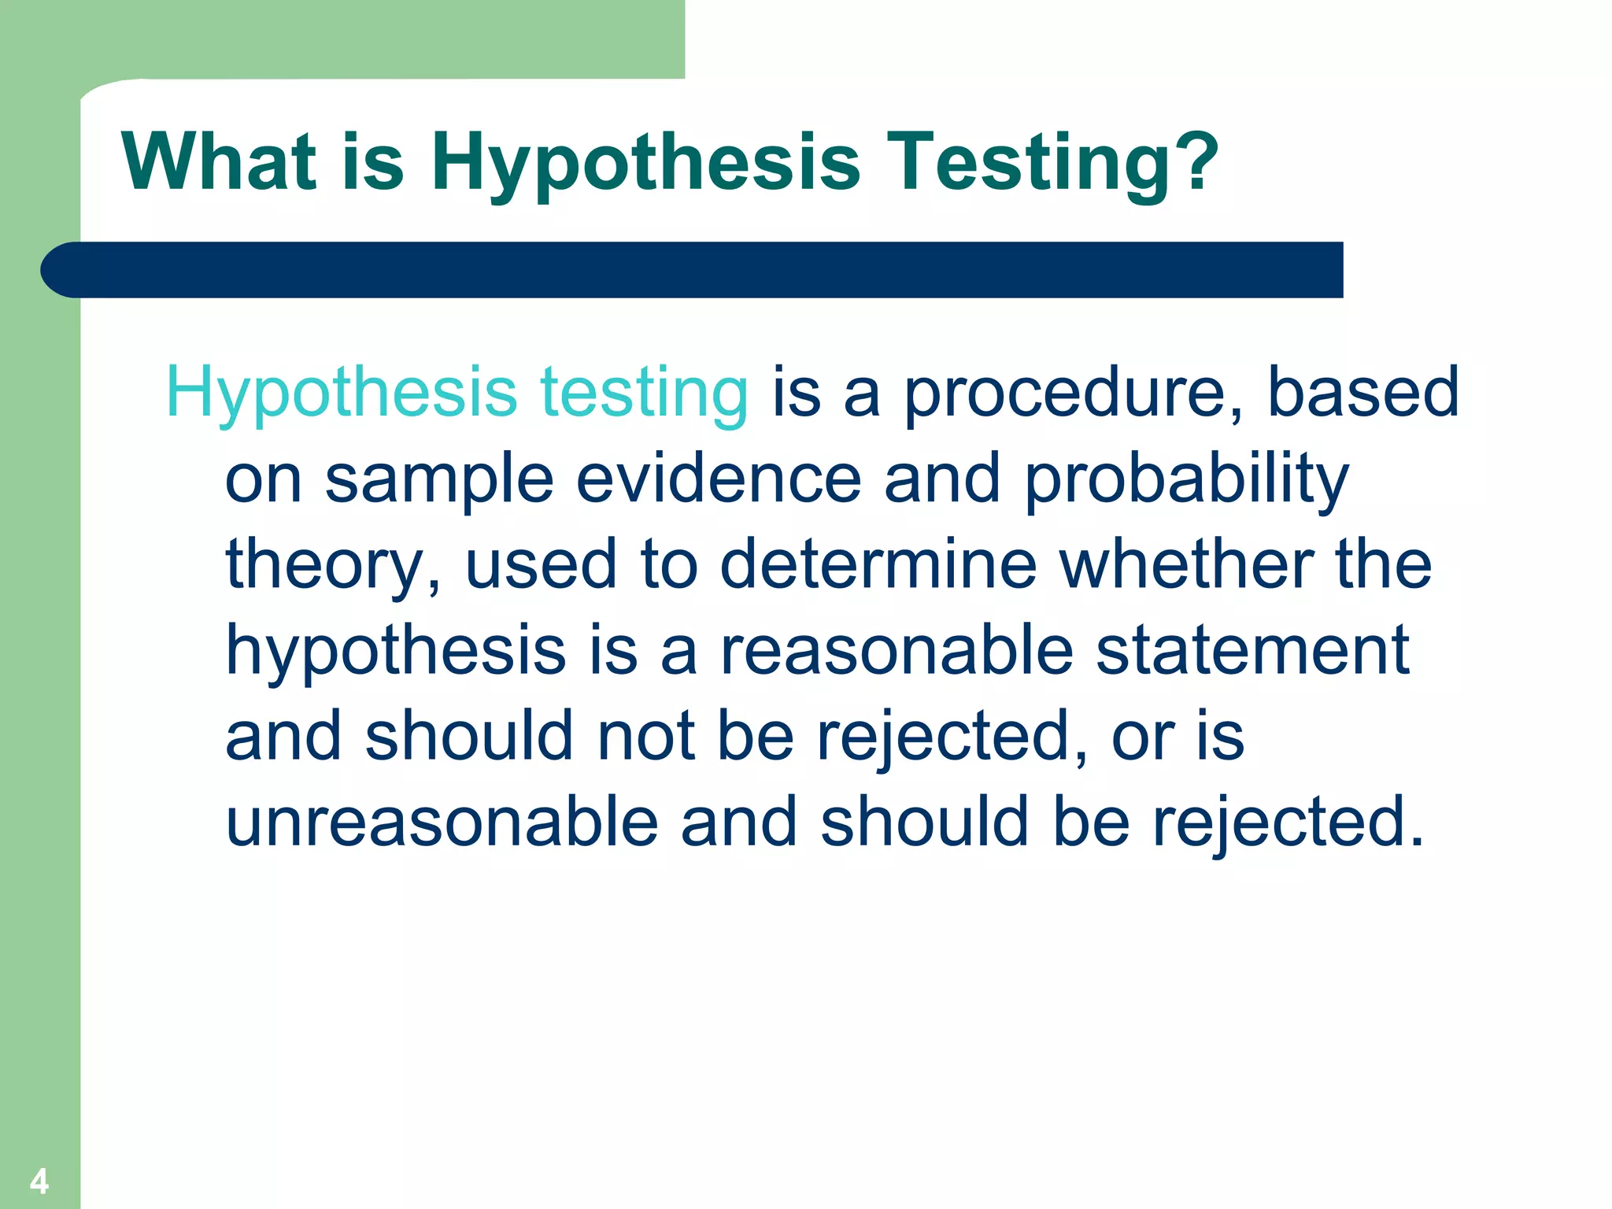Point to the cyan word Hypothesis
click(x=342, y=393)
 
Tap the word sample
click(x=439, y=479)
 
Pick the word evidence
click(x=719, y=479)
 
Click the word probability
click(x=1186, y=479)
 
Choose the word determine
click(x=878, y=565)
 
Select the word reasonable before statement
click(x=897, y=651)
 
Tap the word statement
click(x=1252, y=651)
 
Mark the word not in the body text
click(x=645, y=737)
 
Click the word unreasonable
click(x=442, y=823)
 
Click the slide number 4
click(x=39, y=1181)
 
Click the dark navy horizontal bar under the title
click(x=693, y=270)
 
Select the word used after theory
click(x=540, y=565)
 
